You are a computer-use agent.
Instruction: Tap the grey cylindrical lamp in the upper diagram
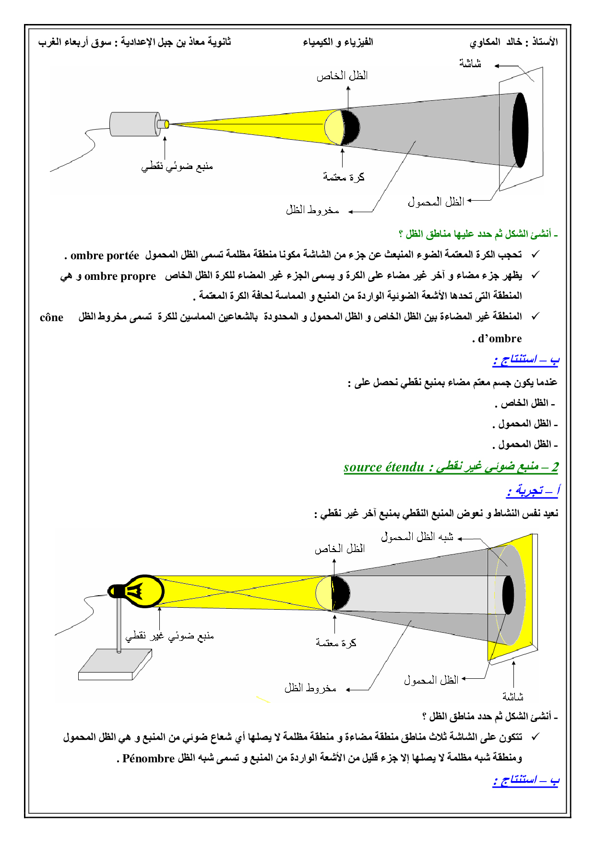[135, 124]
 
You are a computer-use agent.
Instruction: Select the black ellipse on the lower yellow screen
[508, 594]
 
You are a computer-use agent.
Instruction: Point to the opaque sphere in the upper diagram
[342, 127]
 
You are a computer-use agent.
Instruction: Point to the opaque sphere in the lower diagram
[333, 593]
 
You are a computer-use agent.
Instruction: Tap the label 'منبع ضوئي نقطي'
[177, 167]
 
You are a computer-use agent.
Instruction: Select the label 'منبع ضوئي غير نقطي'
[169, 636]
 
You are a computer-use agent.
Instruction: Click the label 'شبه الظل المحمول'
[417, 537]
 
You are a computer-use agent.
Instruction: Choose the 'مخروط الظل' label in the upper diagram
[312, 210]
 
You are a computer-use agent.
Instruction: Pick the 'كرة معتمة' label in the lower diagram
[336, 643]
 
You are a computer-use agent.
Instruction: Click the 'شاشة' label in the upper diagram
[470, 63]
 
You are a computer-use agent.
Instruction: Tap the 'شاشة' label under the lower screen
[512, 696]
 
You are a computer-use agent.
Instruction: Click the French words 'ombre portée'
[105, 255]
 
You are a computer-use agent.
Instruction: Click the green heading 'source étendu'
[384, 467]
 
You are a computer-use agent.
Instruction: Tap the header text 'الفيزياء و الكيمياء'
[338, 42]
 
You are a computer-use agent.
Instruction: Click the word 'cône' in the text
[51, 318]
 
